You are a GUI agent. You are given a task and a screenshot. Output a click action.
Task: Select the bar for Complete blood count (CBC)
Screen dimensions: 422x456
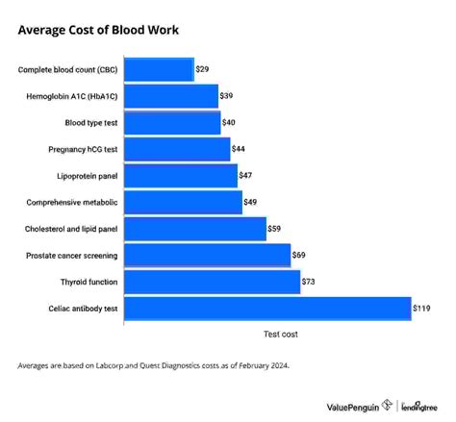[x=159, y=70]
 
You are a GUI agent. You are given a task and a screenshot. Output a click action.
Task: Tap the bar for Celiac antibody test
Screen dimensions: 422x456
[x=267, y=309]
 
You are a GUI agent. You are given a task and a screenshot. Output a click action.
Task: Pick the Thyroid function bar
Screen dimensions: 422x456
[x=213, y=282]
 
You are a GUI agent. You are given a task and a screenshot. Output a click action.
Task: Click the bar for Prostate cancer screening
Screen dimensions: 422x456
[x=208, y=256]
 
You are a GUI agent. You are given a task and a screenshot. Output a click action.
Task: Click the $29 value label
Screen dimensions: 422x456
[x=203, y=70]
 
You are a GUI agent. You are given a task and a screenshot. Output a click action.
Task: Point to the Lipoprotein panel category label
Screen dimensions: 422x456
[x=86, y=176]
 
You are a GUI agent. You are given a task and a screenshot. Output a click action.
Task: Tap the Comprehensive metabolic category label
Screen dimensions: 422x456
[x=73, y=203]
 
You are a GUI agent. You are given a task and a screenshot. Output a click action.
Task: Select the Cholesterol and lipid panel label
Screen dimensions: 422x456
[x=70, y=229]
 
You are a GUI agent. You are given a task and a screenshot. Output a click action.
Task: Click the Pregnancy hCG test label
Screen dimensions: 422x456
[x=82, y=150]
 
